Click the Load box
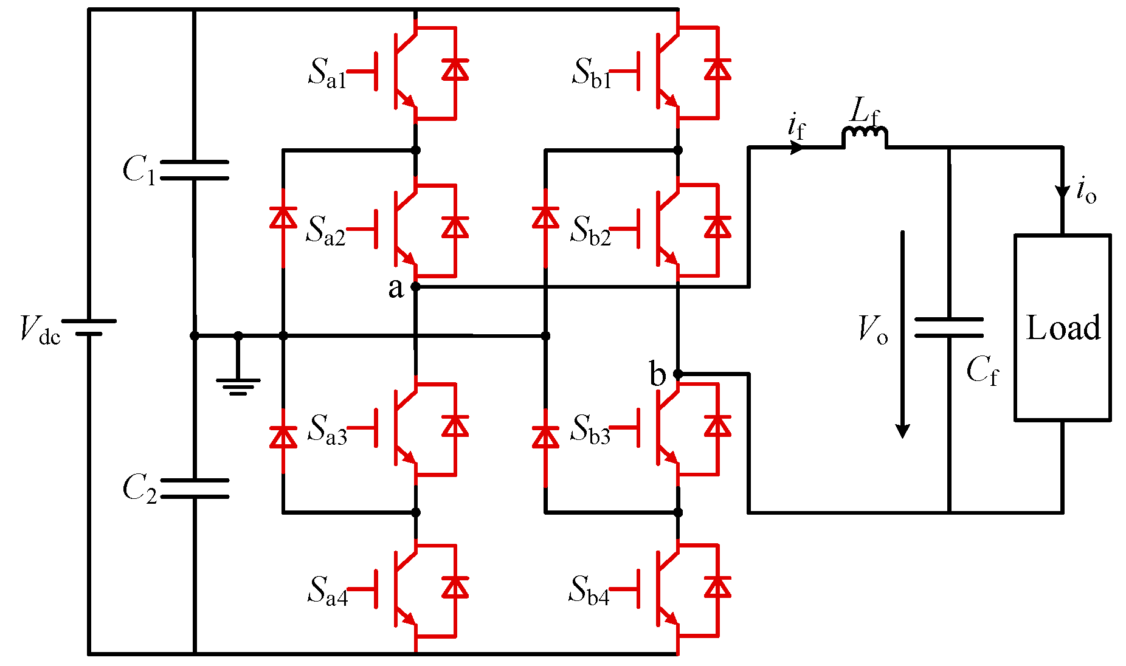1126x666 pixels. pos(1062,328)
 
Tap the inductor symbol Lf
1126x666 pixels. pos(864,136)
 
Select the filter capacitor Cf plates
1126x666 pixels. pos(948,328)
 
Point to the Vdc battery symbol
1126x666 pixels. pos(89,328)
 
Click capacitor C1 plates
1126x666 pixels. pos(195,170)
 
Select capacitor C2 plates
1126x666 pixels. pos(195,488)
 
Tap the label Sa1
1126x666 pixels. pos(327,74)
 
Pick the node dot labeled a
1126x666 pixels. pos(416,287)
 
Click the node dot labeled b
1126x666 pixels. pos(678,374)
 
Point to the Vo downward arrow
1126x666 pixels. pos(903,334)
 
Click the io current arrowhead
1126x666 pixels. pos(1062,192)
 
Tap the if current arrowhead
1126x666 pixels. pos(796,147)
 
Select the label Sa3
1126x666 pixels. pos(327,430)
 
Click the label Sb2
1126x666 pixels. pos(590,231)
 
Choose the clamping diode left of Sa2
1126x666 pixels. pos(283,218)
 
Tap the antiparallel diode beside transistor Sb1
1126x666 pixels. pos(717,69)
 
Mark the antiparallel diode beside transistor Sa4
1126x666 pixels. pos(455,588)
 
